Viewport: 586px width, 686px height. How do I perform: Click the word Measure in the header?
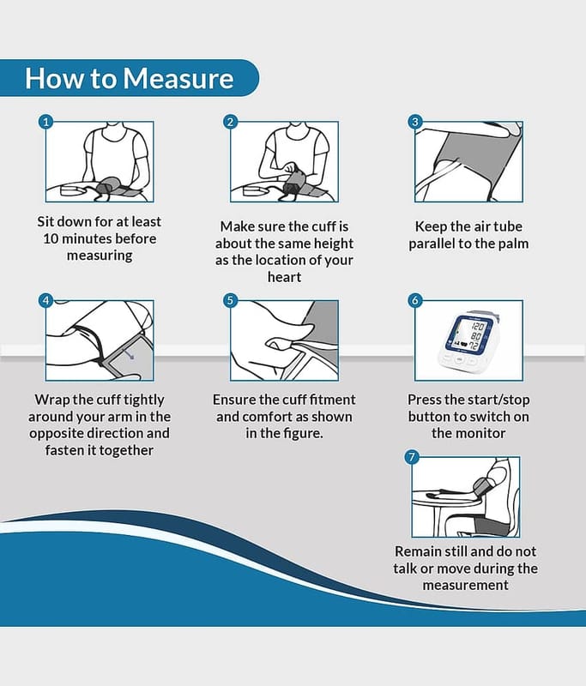tap(178, 78)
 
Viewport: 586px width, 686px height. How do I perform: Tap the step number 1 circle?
tap(46, 121)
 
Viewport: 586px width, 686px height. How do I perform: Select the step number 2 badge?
tap(231, 121)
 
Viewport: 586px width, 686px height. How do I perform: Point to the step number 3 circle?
tap(415, 121)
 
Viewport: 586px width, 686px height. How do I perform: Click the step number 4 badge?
tap(46, 300)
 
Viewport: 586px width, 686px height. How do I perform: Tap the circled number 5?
tap(231, 300)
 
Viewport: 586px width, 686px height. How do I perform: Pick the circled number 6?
tap(415, 300)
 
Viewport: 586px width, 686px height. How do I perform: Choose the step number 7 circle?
tap(411, 457)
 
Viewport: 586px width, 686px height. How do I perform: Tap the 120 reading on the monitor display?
tap(477, 327)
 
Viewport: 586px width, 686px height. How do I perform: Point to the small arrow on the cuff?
tap(128, 353)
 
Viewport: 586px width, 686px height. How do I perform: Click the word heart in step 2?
tap(285, 277)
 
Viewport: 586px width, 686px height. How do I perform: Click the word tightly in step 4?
tap(143, 400)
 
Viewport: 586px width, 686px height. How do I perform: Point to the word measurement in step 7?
tap(466, 585)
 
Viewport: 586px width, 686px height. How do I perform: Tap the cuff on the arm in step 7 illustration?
tap(482, 487)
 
